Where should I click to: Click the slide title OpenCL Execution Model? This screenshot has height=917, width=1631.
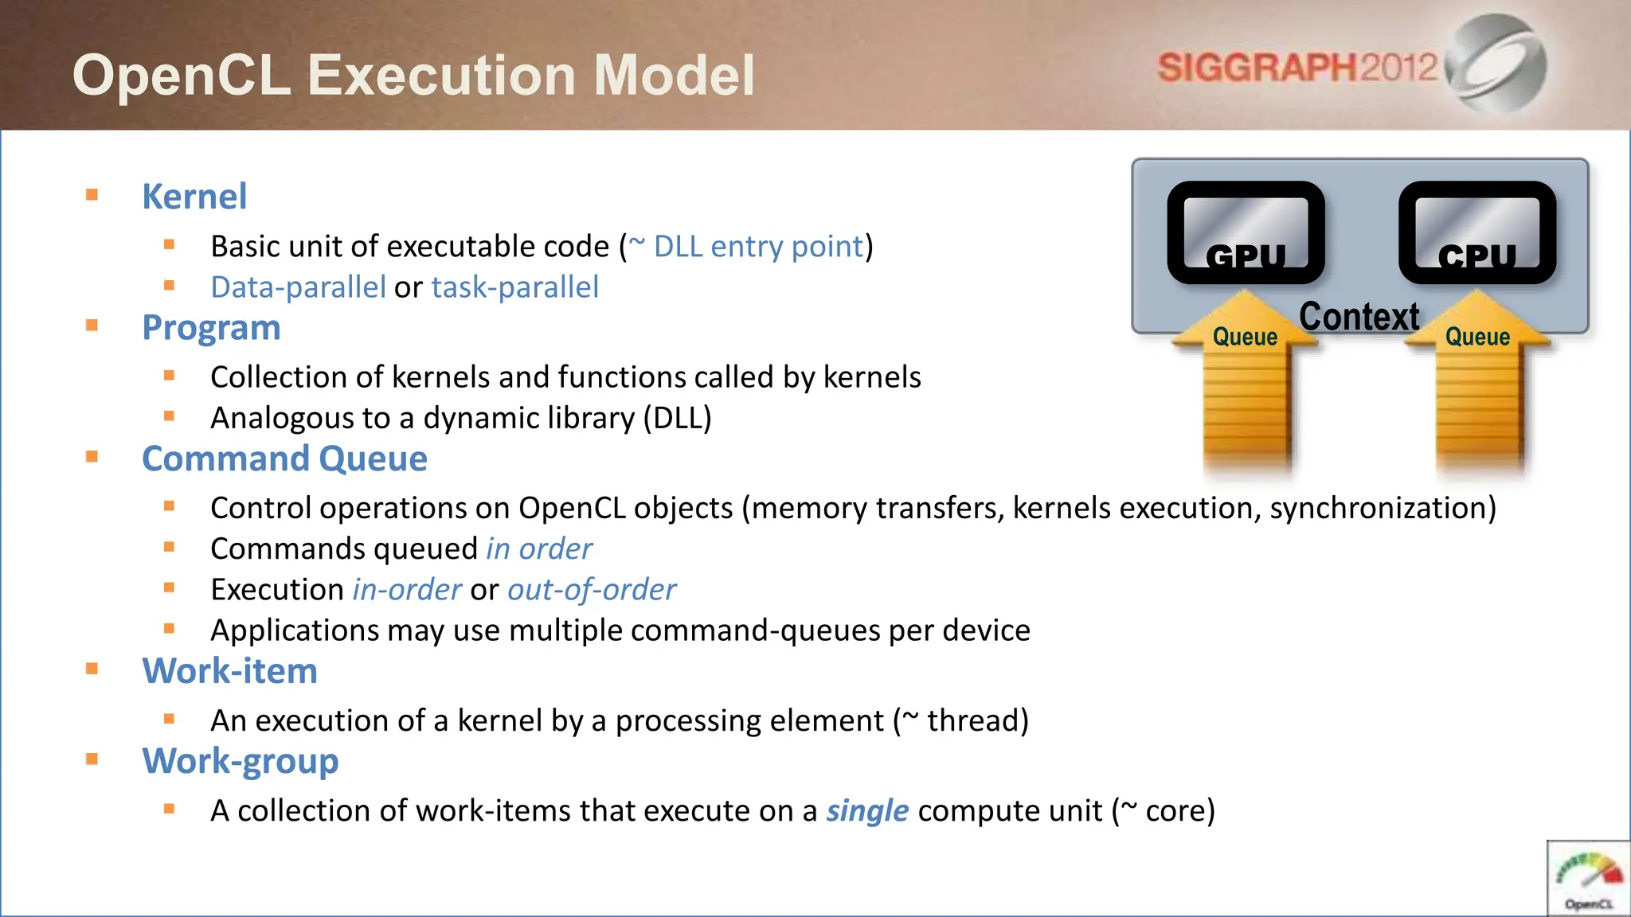click(x=413, y=75)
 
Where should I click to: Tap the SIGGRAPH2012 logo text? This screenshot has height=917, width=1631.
click(x=1297, y=67)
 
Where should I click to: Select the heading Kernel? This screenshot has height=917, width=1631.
click(x=194, y=197)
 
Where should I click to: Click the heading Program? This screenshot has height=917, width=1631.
click(x=211, y=328)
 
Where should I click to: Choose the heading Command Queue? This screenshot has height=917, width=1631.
click(x=284, y=458)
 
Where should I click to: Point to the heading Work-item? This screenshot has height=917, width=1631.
click(x=229, y=671)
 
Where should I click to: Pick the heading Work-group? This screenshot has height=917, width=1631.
click(x=240, y=761)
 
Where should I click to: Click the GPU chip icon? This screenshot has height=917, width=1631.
click(x=1246, y=232)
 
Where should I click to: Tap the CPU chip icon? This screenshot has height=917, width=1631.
click(x=1477, y=232)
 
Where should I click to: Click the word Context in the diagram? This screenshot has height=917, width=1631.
click(x=1359, y=317)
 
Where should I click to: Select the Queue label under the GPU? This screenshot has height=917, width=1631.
click(x=1245, y=337)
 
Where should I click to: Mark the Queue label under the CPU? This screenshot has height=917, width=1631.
click(x=1477, y=337)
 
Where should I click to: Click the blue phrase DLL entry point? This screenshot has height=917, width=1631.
click(x=758, y=247)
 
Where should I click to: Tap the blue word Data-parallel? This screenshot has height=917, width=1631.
click(x=298, y=287)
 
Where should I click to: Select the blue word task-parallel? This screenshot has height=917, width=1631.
click(x=514, y=287)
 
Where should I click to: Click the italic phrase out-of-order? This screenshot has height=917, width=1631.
click(x=591, y=590)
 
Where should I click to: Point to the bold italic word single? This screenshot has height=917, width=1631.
click(x=866, y=811)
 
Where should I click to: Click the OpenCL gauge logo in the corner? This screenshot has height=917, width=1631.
click(x=1588, y=879)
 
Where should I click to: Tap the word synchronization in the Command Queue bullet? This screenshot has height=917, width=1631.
click(x=1383, y=509)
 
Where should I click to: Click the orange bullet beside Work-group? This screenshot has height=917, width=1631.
click(x=92, y=759)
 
